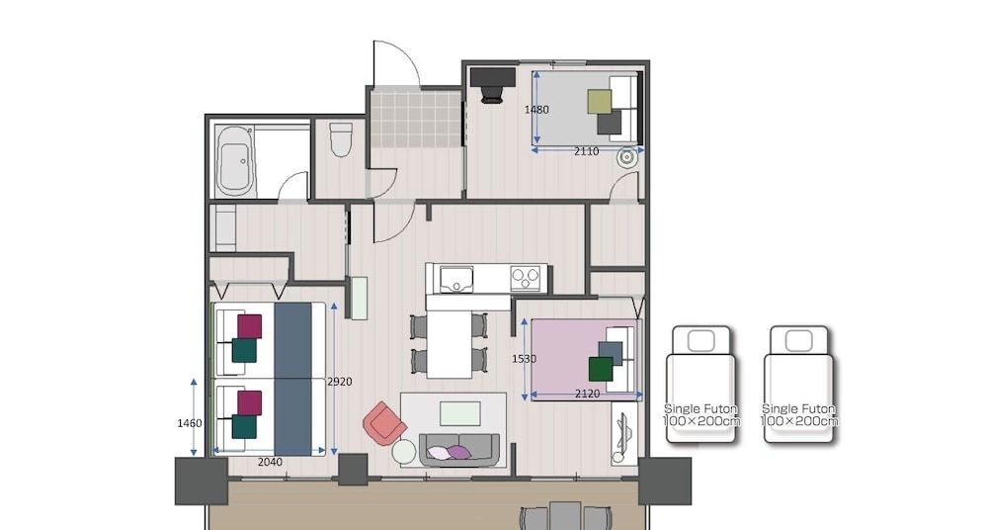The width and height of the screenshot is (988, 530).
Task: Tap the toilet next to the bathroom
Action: [341, 139]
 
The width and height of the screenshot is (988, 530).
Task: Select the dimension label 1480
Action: [536, 110]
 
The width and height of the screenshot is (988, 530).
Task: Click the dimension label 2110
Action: [587, 151]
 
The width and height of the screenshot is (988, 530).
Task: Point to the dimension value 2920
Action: [339, 381]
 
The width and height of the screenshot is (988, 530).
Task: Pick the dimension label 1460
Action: [190, 423]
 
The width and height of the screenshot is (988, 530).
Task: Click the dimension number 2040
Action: [271, 462]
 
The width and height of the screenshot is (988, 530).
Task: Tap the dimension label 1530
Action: [524, 359]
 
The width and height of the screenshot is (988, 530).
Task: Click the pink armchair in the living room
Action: [383, 423]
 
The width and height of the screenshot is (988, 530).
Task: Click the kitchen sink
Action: [455, 278]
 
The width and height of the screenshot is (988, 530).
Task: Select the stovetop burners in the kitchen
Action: [528, 278]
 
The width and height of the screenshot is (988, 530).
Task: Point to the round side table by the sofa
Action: [404, 452]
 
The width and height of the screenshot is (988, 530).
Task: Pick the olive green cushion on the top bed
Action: [600, 102]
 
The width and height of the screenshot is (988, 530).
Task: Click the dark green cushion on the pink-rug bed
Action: [601, 369]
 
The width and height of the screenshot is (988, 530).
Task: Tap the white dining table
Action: [450, 342]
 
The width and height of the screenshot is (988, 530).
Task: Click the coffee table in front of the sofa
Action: [460, 413]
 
